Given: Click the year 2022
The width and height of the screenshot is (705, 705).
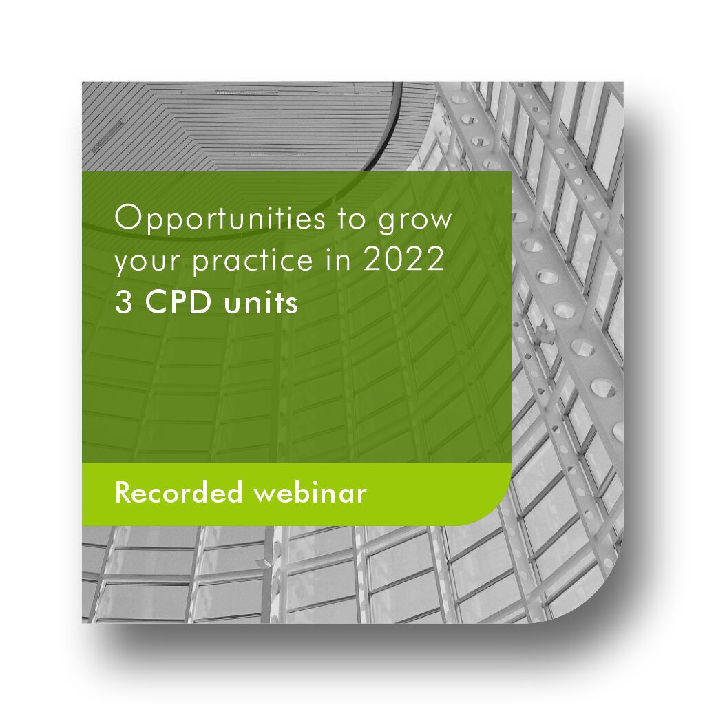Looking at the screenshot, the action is [x=403, y=260].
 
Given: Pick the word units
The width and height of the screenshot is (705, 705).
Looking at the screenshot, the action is [x=261, y=302].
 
